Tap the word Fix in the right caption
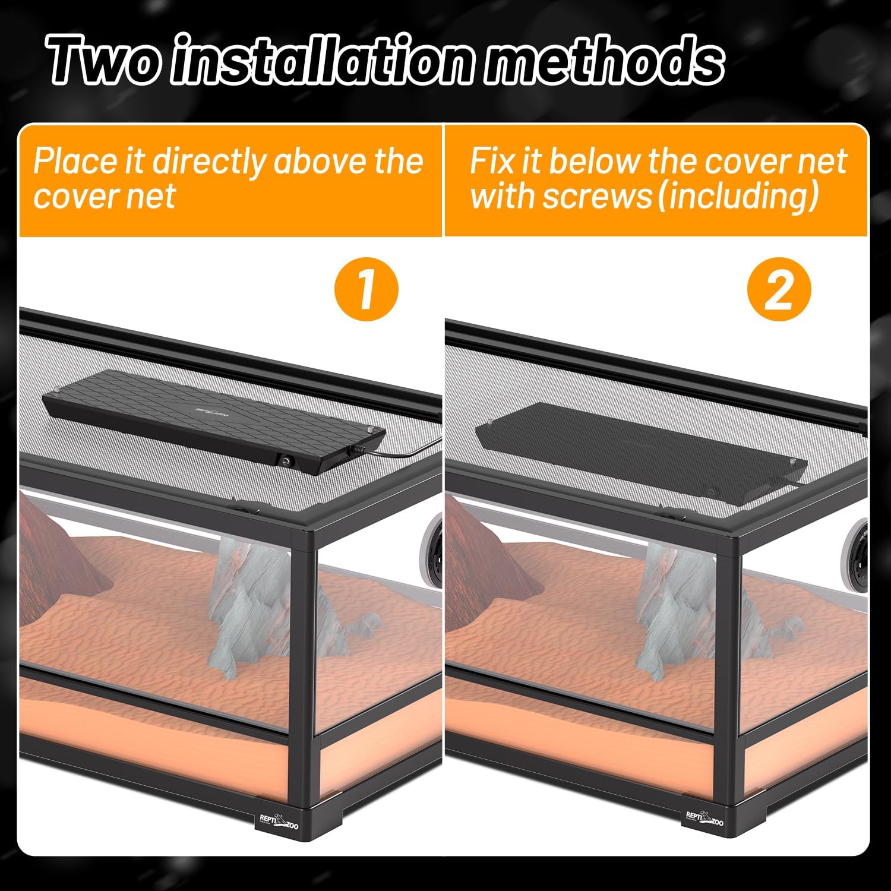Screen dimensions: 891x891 point(491,161)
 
